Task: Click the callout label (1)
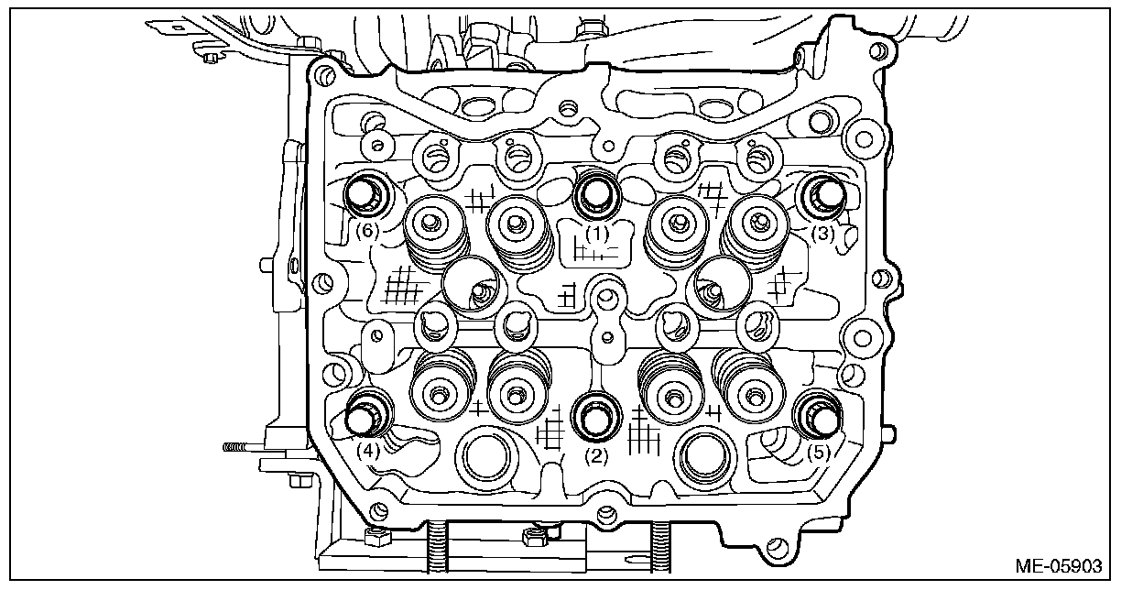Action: (x=597, y=234)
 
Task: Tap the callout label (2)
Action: (x=597, y=456)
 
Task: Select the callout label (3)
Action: (x=822, y=234)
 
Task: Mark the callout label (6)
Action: (x=366, y=231)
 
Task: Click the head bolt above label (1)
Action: (x=597, y=191)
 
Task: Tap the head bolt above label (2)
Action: (x=596, y=417)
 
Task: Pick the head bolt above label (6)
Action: (x=365, y=194)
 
